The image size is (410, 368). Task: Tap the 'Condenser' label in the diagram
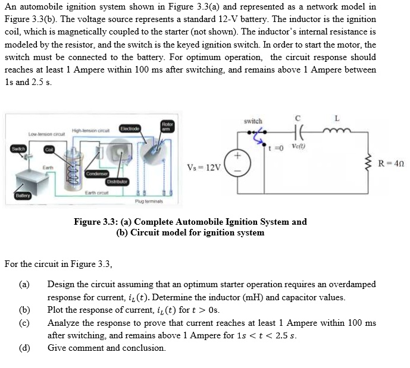pos(96,174)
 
